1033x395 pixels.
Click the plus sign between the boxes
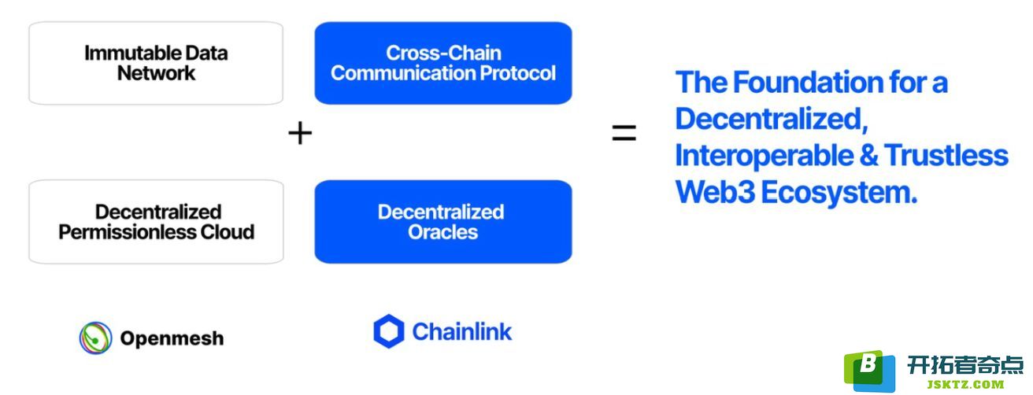[x=300, y=133]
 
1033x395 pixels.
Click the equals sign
[x=624, y=132]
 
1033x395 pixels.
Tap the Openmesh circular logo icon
[x=95, y=338]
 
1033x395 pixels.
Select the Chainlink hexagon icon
[x=389, y=331]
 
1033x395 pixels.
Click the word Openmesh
[x=172, y=338]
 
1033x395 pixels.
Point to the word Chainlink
[x=461, y=331]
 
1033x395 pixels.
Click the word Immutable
[x=132, y=53]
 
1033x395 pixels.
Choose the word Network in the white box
[x=157, y=73]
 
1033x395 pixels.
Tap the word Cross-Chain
[x=443, y=53]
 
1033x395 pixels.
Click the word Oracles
[x=442, y=232]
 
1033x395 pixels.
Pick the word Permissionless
[x=128, y=232]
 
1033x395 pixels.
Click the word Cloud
[x=228, y=232]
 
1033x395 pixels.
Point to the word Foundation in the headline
[x=808, y=82]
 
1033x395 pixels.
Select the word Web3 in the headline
[x=715, y=192]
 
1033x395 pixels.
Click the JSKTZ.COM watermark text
[x=965, y=384]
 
